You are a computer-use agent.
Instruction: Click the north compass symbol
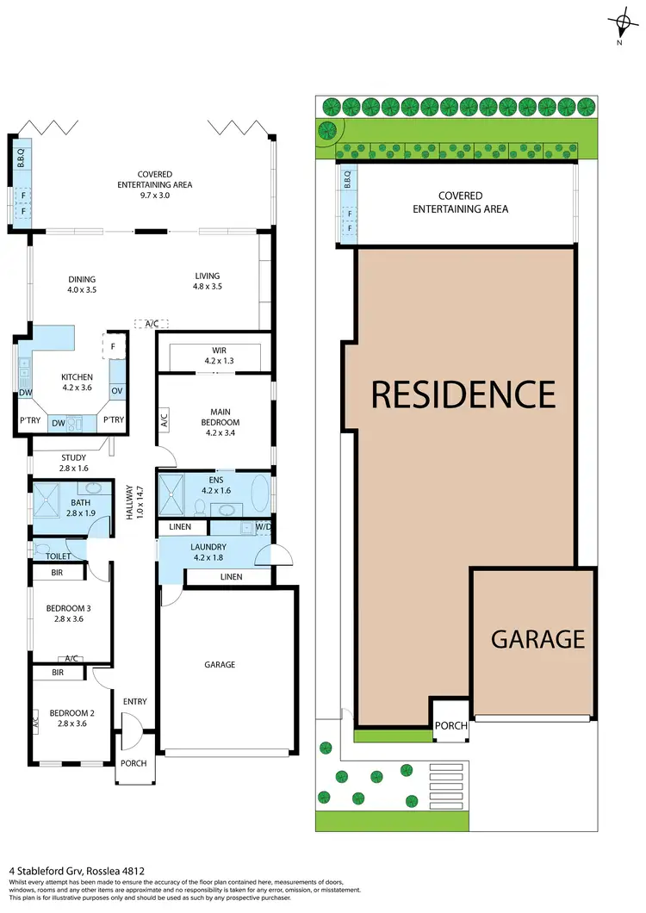pos(618,24)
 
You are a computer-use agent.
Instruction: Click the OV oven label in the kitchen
pos(117,392)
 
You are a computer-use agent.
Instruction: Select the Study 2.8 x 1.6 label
pos(73,463)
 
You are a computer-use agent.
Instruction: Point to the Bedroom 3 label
pos(68,612)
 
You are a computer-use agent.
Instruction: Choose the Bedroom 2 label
pos(68,717)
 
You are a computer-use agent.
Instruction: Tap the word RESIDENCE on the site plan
pos(463,394)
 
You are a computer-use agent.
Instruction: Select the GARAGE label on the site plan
pos(537,639)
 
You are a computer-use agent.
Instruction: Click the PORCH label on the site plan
pos(450,726)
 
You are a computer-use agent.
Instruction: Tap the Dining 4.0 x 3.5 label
pos(82,284)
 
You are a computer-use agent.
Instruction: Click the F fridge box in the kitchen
pos(114,345)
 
